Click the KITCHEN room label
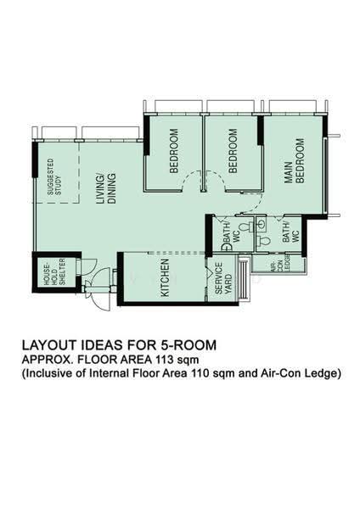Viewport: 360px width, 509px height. tap(165, 277)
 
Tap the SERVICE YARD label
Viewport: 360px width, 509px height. tap(223, 278)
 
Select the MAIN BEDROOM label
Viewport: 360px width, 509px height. tap(295, 161)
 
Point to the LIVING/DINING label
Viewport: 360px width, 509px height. tap(106, 188)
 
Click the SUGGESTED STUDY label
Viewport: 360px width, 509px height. tap(54, 177)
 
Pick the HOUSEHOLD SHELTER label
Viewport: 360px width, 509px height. tap(54, 271)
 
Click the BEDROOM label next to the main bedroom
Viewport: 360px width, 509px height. tap(233, 151)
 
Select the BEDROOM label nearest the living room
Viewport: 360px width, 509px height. tap(174, 151)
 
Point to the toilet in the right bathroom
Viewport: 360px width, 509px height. tap(264, 241)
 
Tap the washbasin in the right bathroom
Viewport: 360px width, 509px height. tap(261, 223)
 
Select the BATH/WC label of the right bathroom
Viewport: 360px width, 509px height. tap(290, 232)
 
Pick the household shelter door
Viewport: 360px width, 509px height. tap(87, 263)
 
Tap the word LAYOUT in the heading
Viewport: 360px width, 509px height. tap(48, 344)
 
